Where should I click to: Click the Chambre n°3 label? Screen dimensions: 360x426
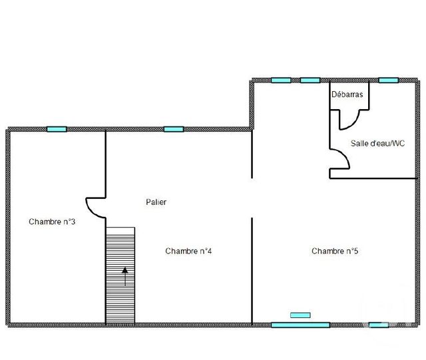coord(51,222)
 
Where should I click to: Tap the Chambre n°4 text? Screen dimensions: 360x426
coord(188,251)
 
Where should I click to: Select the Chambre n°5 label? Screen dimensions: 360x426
coord(335,251)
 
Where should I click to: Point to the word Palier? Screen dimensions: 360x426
coord(156,202)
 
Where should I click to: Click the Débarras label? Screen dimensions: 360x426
coord(347,95)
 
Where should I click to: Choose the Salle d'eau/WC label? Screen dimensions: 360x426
coord(378,143)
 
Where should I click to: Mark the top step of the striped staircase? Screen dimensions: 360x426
coord(120,230)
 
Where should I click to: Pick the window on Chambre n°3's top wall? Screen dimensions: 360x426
coord(57,129)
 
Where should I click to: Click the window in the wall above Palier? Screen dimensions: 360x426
coord(174,129)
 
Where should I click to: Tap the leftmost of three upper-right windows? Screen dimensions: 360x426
coord(281,81)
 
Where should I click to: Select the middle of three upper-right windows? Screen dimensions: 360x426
coord(310,81)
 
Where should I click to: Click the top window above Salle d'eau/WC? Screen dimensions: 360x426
coord(388,81)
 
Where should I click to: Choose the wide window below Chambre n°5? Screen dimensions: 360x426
coord(300,325)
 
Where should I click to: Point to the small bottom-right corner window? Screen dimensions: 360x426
coord(379,325)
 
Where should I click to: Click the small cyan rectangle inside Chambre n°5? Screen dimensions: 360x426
coord(300,313)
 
